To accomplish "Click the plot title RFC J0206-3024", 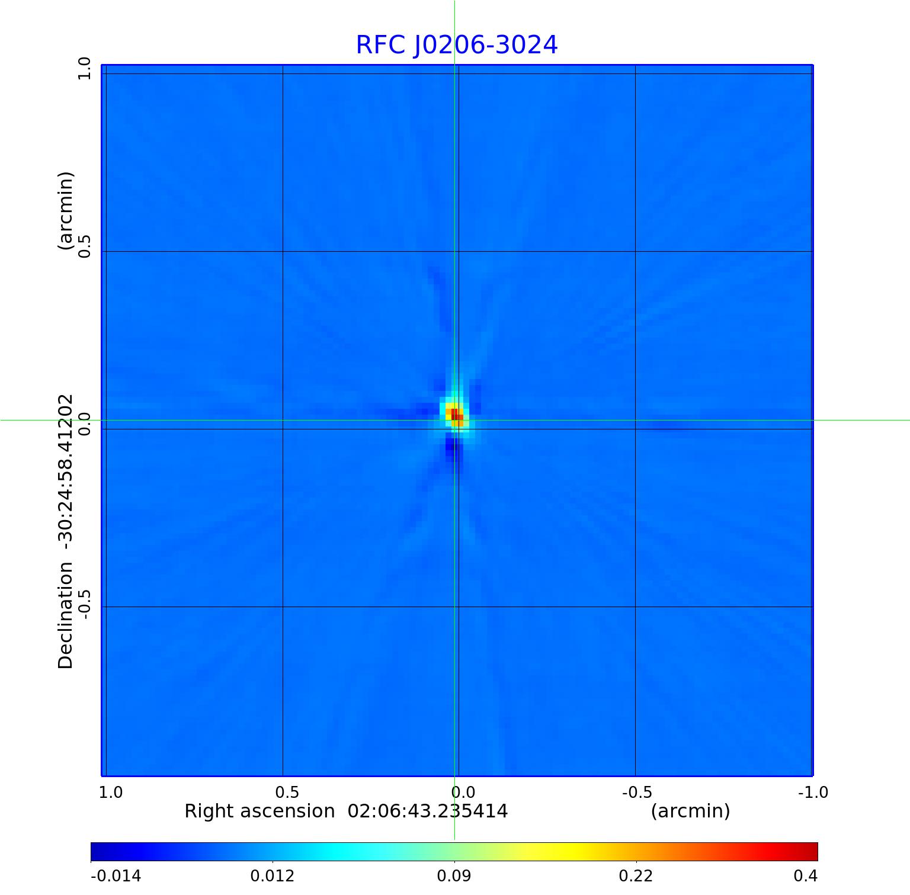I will pyautogui.click(x=457, y=46).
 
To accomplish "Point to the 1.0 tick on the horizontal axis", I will pyautogui.click(x=111, y=792).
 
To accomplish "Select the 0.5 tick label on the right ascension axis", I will pyautogui.click(x=287, y=792).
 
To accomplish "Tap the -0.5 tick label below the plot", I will pyautogui.click(x=637, y=792).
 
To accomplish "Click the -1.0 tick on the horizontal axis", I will pyautogui.click(x=813, y=792).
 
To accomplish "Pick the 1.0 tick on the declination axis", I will pyautogui.click(x=84, y=69).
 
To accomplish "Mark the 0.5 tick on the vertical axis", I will pyautogui.click(x=84, y=246).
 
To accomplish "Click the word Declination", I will pyautogui.click(x=66, y=616).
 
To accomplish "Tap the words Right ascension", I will pyautogui.click(x=259, y=811).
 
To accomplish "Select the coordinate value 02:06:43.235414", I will pyautogui.click(x=427, y=811).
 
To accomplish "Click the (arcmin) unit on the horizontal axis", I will pyautogui.click(x=690, y=811).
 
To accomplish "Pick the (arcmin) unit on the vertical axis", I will pyautogui.click(x=66, y=210).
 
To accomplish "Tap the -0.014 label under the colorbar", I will pyautogui.click(x=116, y=876).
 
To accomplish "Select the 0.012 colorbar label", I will pyautogui.click(x=272, y=876).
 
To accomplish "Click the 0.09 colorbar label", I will pyautogui.click(x=454, y=876).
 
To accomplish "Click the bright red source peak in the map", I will pyautogui.click(x=454, y=413).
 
